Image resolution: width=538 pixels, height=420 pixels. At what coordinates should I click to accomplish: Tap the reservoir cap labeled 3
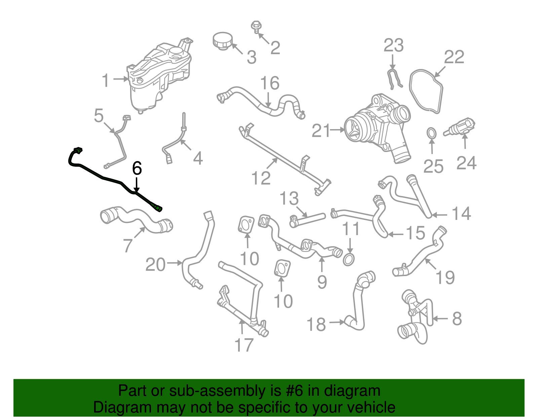pos(222,41)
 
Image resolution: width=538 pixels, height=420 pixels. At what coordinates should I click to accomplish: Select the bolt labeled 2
pos(256,27)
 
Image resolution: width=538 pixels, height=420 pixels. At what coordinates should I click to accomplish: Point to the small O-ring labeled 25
pos(432,132)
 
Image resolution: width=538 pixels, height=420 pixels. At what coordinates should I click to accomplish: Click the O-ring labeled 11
pos(349,259)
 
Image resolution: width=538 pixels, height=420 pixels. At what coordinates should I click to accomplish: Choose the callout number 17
pos(243,345)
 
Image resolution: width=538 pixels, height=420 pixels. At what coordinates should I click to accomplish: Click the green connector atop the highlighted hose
pos(78,150)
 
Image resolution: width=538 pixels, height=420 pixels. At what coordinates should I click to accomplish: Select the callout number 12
pos(261,178)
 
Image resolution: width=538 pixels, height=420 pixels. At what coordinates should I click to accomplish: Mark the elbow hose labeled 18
pos(358,303)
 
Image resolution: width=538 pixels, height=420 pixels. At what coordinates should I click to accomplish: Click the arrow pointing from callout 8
pos(440,318)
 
